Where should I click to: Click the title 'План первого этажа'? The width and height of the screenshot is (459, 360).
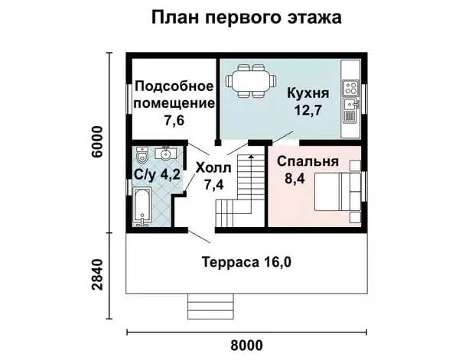(x=246, y=18)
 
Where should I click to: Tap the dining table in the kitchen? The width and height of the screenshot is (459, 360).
(x=251, y=81)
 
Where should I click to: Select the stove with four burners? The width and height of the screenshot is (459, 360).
(x=350, y=88)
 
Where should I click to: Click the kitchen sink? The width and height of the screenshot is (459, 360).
(x=350, y=104)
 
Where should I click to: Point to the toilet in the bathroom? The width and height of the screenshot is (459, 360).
(x=142, y=156)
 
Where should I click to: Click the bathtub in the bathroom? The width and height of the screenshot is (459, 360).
(x=142, y=207)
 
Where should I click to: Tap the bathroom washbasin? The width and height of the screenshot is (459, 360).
(x=166, y=153)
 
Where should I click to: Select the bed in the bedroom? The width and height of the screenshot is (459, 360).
(x=337, y=192)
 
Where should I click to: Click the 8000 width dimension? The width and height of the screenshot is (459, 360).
(x=246, y=345)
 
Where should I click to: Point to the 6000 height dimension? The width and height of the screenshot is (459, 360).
(x=97, y=142)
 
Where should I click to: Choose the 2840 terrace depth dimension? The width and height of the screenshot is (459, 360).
(x=97, y=274)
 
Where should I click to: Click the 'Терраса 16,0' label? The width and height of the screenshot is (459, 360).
(x=246, y=262)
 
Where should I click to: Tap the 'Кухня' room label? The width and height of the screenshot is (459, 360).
(x=308, y=93)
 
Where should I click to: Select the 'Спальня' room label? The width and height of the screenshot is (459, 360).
(x=308, y=161)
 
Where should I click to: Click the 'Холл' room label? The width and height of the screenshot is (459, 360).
(x=213, y=168)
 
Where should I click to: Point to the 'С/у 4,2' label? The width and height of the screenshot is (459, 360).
(x=157, y=175)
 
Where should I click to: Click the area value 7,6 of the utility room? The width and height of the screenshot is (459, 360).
(x=174, y=120)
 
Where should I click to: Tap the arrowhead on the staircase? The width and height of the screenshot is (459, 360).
(x=251, y=157)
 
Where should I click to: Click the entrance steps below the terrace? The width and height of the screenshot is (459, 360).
(x=210, y=306)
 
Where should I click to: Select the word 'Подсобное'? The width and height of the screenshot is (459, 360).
(x=174, y=87)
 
